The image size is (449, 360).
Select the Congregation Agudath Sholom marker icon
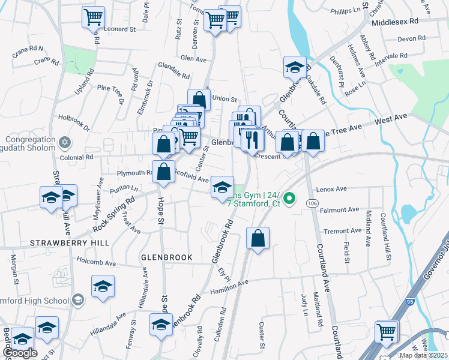(x=65, y=143)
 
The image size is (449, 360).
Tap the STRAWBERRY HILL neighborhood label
(x=70, y=243)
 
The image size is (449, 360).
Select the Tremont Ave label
(x=343, y=231)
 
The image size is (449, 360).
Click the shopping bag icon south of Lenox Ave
(x=258, y=238)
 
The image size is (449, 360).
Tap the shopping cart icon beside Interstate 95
(x=387, y=332)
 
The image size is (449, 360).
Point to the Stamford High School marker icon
(x=77, y=299)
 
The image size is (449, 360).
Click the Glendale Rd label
(x=174, y=67)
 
